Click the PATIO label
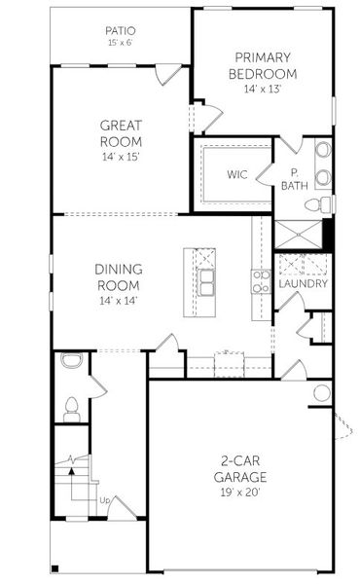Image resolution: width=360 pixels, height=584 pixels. (x=121, y=31)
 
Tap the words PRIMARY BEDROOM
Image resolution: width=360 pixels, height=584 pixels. (x=262, y=65)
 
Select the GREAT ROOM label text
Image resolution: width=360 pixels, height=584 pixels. (x=121, y=132)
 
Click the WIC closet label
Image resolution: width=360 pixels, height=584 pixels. (x=237, y=175)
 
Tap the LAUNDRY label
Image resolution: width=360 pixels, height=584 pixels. (x=303, y=284)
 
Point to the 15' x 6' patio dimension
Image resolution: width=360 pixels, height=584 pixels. (x=121, y=44)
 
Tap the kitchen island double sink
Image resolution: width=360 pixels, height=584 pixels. (x=206, y=282)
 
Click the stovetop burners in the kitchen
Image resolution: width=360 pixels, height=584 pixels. (x=261, y=281)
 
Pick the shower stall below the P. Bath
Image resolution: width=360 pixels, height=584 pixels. (x=296, y=236)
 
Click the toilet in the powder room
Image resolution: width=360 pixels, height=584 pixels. (x=71, y=405)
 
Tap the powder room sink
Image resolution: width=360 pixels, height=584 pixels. (x=69, y=361)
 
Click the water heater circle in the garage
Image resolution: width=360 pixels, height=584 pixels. (x=322, y=393)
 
